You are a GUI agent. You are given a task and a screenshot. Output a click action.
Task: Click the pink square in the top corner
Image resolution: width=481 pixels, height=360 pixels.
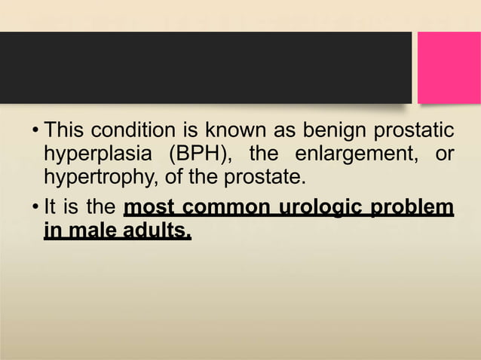pos(449,68)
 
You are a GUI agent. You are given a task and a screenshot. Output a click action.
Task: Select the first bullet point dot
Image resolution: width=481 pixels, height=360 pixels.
pos(35,132)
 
